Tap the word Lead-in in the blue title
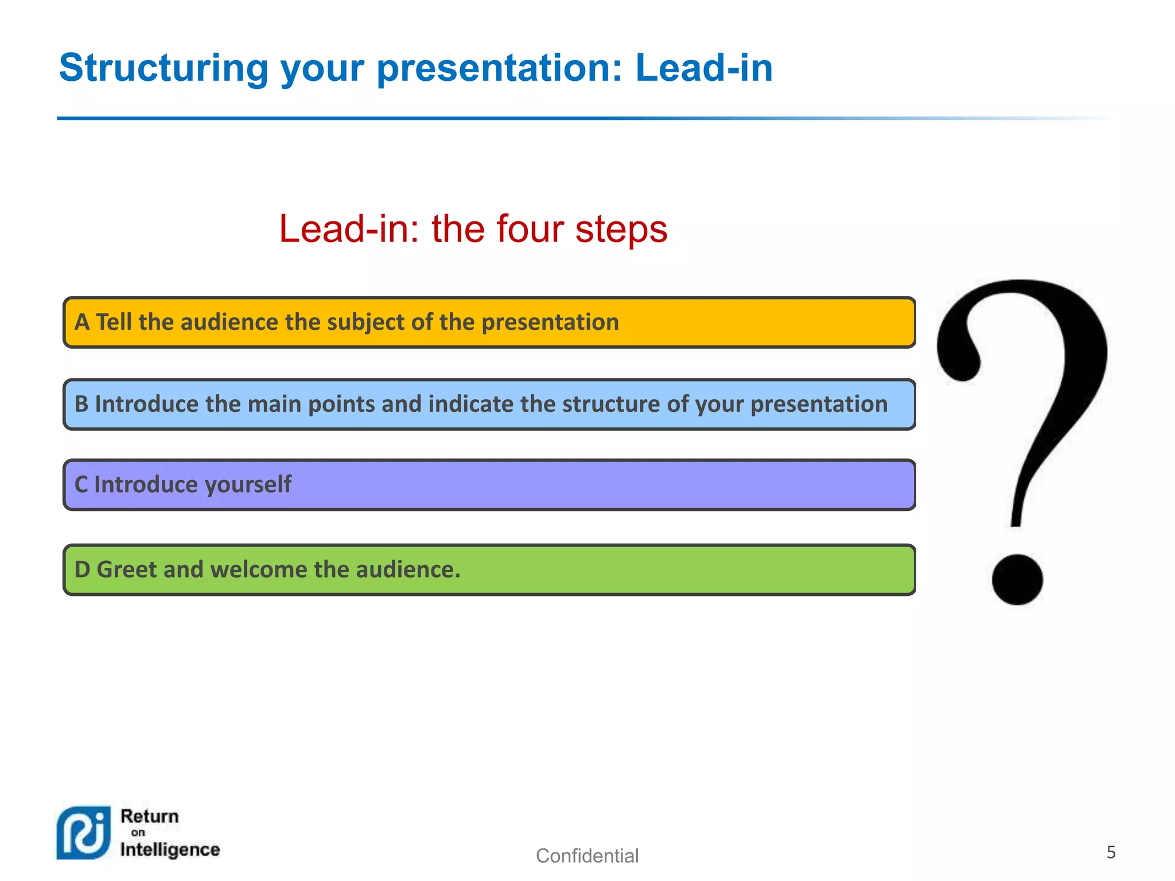click(704, 68)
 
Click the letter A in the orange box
click(82, 322)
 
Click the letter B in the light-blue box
click(81, 404)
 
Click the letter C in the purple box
click(81, 485)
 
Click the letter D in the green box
click(83, 570)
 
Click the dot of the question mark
click(1017, 579)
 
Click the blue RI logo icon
click(84, 833)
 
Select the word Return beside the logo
click(150, 816)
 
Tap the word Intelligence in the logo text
click(170, 849)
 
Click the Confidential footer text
click(587, 856)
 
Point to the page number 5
click(1111, 852)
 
